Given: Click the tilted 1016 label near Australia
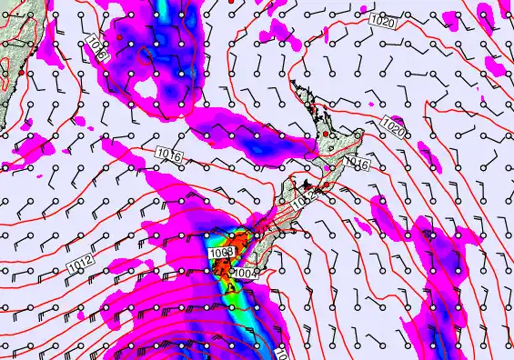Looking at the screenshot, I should [x=100, y=47].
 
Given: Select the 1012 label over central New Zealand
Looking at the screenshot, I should [x=307, y=195].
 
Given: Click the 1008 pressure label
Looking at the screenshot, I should [x=222, y=252].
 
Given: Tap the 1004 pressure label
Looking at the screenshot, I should [x=245, y=271].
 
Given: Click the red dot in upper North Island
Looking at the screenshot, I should [x=323, y=135].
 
